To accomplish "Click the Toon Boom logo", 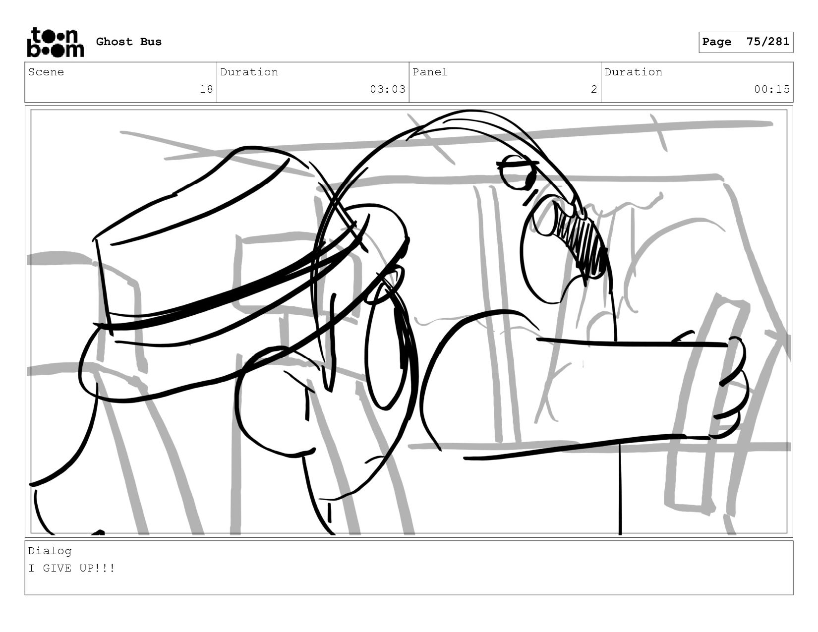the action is (56, 42).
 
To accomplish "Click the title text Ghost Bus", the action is (129, 42).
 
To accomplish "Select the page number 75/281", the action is (768, 42).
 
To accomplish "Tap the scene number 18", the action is (206, 89).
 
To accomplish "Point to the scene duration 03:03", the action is (388, 89).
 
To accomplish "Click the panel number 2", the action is (594, 89).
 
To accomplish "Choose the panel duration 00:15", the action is (772, 89).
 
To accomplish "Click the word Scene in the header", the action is (46, 72).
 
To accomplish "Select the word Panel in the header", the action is (430, 72).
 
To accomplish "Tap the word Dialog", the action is (50, 551).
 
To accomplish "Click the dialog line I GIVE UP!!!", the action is (71, 568).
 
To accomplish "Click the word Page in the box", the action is (717, 42).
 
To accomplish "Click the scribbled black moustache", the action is (579, 241).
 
